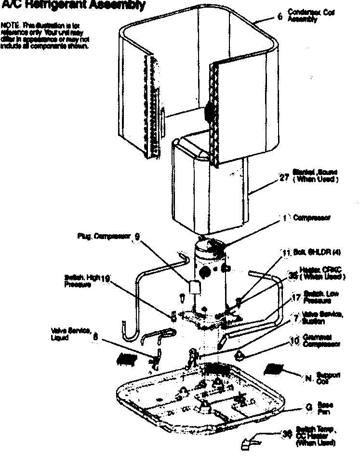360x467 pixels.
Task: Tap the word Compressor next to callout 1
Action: (x=312, y=218)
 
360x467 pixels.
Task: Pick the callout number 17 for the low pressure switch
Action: (x=296, y=298)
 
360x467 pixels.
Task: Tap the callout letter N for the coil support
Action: (x=308, y=377)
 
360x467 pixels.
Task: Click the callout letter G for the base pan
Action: (x=308, y=407)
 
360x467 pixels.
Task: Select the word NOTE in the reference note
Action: (x=9, y=24)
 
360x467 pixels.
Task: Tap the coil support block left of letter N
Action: (x=274, y=369)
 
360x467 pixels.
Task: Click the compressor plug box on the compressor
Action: (x=195, y=287)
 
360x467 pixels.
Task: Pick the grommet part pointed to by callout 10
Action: (x=240, y=356)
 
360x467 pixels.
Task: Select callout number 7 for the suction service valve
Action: (x=296, y=319)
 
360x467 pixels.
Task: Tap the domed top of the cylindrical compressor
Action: (x=210, y=246)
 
